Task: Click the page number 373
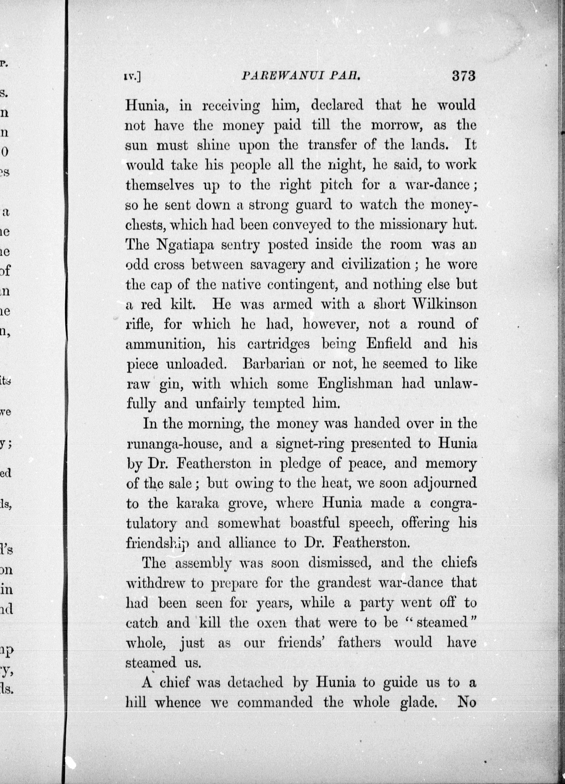(464, 76)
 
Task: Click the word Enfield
(389, 344)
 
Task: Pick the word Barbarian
(274, 364)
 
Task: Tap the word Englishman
(355, 384)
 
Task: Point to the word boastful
(315, 523)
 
